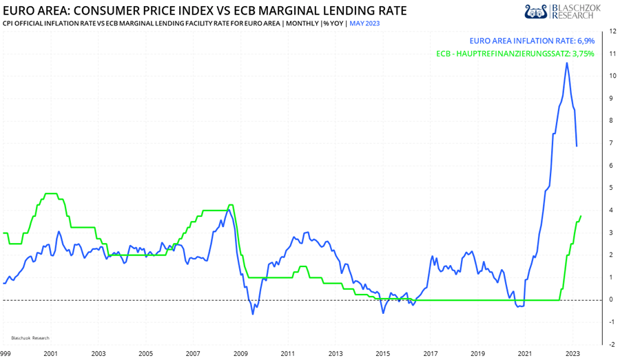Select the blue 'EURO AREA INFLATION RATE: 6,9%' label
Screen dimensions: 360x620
coord(531,41)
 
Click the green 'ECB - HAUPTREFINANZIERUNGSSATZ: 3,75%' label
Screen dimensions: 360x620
coord(515,54)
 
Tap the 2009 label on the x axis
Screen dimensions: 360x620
coord(240,352)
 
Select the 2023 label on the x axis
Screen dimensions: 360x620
coord(572,352)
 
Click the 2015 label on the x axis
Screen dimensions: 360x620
coord(382,352)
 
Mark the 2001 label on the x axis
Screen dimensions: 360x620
coord(50,352)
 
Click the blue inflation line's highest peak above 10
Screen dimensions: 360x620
coord(566,63)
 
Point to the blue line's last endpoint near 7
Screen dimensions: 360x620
coord(577,145)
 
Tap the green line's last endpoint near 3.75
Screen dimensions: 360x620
coord(581,216)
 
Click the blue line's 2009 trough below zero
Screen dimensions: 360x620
coord(252,314)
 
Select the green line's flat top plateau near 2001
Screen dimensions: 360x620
coord(50,193)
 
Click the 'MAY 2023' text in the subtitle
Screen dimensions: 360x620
coord(364,23)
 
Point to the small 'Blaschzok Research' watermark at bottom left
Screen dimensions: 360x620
coord(30,338)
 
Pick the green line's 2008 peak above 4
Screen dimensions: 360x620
coord(230,205)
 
